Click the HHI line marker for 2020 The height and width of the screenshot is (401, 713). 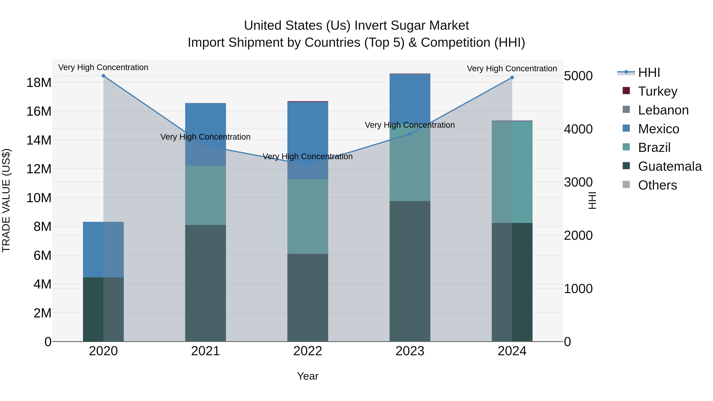[x=103, y=76]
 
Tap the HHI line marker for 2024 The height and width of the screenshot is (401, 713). [x=512, y=77]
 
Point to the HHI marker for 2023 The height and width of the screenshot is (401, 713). [x=410, y=134]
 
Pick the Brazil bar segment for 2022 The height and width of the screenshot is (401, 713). [x=308, y=216]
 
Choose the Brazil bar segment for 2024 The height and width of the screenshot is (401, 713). [x=512, y=172]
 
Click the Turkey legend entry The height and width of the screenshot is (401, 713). [x=658, y=91]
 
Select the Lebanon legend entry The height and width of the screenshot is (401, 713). [x=663, y=110]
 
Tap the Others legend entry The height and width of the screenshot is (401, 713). [x=657, y=185]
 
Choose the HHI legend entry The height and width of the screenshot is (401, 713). [x=649, y=72]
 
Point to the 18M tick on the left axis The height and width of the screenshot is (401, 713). [x=39, y=82]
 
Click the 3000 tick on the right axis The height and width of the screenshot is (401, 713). [x=578, y=182]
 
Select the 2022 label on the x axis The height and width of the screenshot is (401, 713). [x=308, y=351]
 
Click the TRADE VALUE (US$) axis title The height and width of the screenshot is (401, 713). [x=6, y=200]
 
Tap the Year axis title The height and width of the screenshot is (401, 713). [x=308, y=376]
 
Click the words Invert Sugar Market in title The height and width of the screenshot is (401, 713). [x=412, y=26]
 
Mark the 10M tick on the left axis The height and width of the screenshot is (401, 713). [x=39, y=198]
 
